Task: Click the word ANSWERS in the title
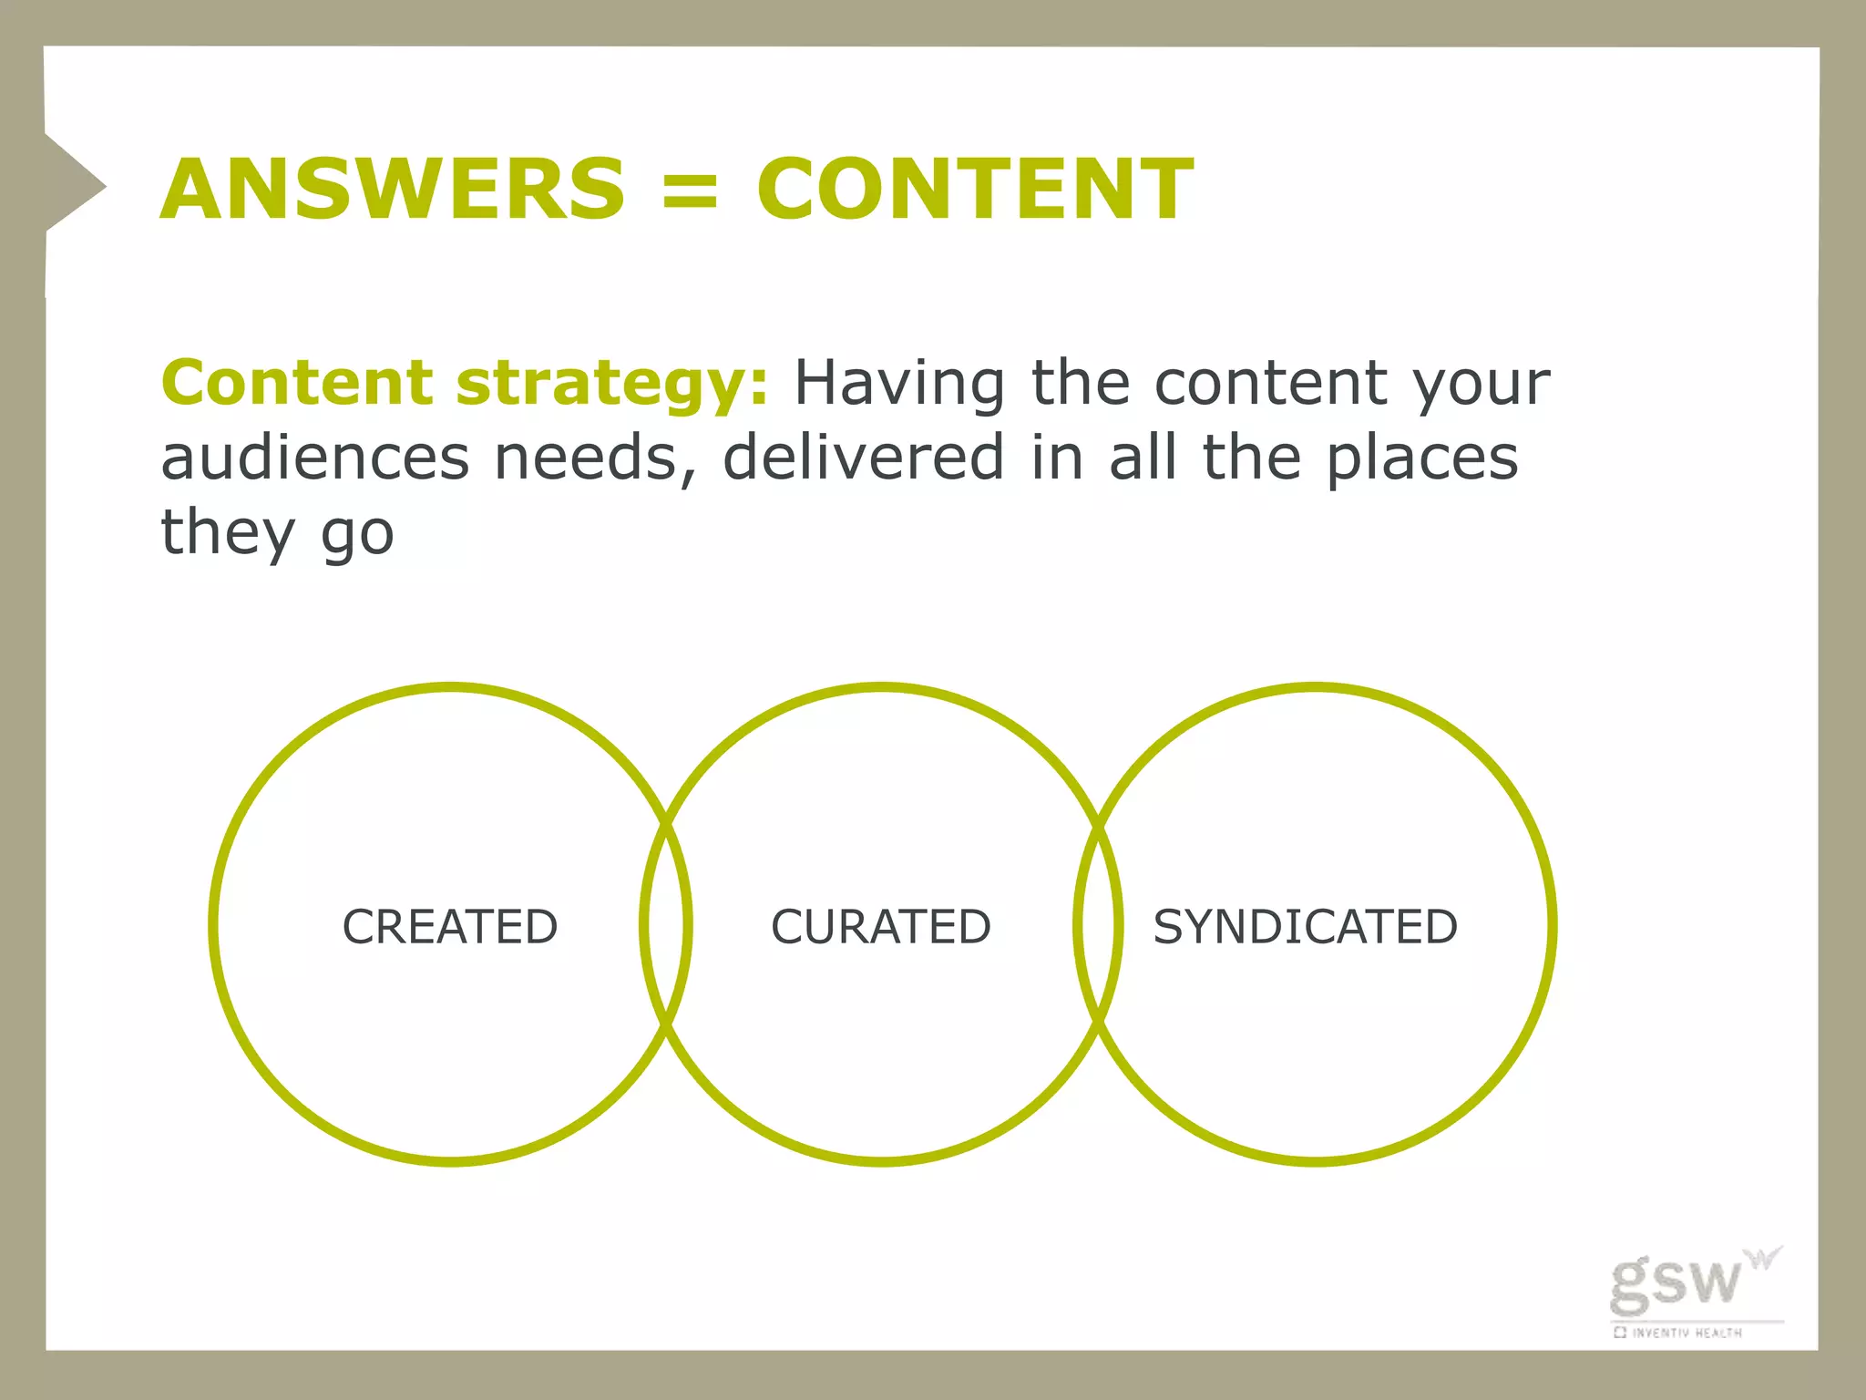393,189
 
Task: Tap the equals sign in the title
690,190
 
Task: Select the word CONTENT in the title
974,189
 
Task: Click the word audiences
314,458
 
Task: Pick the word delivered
863,458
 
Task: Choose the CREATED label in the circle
450,927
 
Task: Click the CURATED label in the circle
880,927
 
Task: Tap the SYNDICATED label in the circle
1305,927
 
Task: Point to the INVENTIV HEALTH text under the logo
1686,1333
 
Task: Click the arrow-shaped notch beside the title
73,186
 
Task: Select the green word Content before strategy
296,383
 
